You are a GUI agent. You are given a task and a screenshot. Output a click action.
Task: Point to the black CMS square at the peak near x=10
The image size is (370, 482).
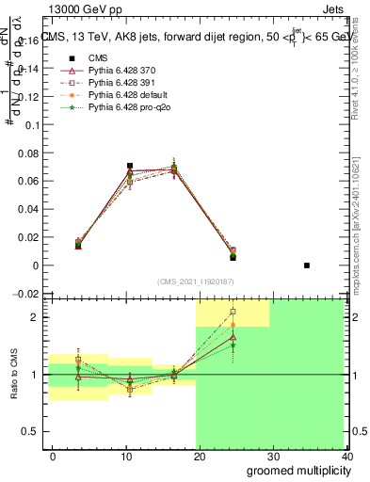point(130,166)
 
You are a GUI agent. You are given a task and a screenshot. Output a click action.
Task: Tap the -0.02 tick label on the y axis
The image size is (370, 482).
point(29,294)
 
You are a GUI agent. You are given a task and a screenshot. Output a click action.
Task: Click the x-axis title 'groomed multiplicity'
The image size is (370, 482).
point(296,471)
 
